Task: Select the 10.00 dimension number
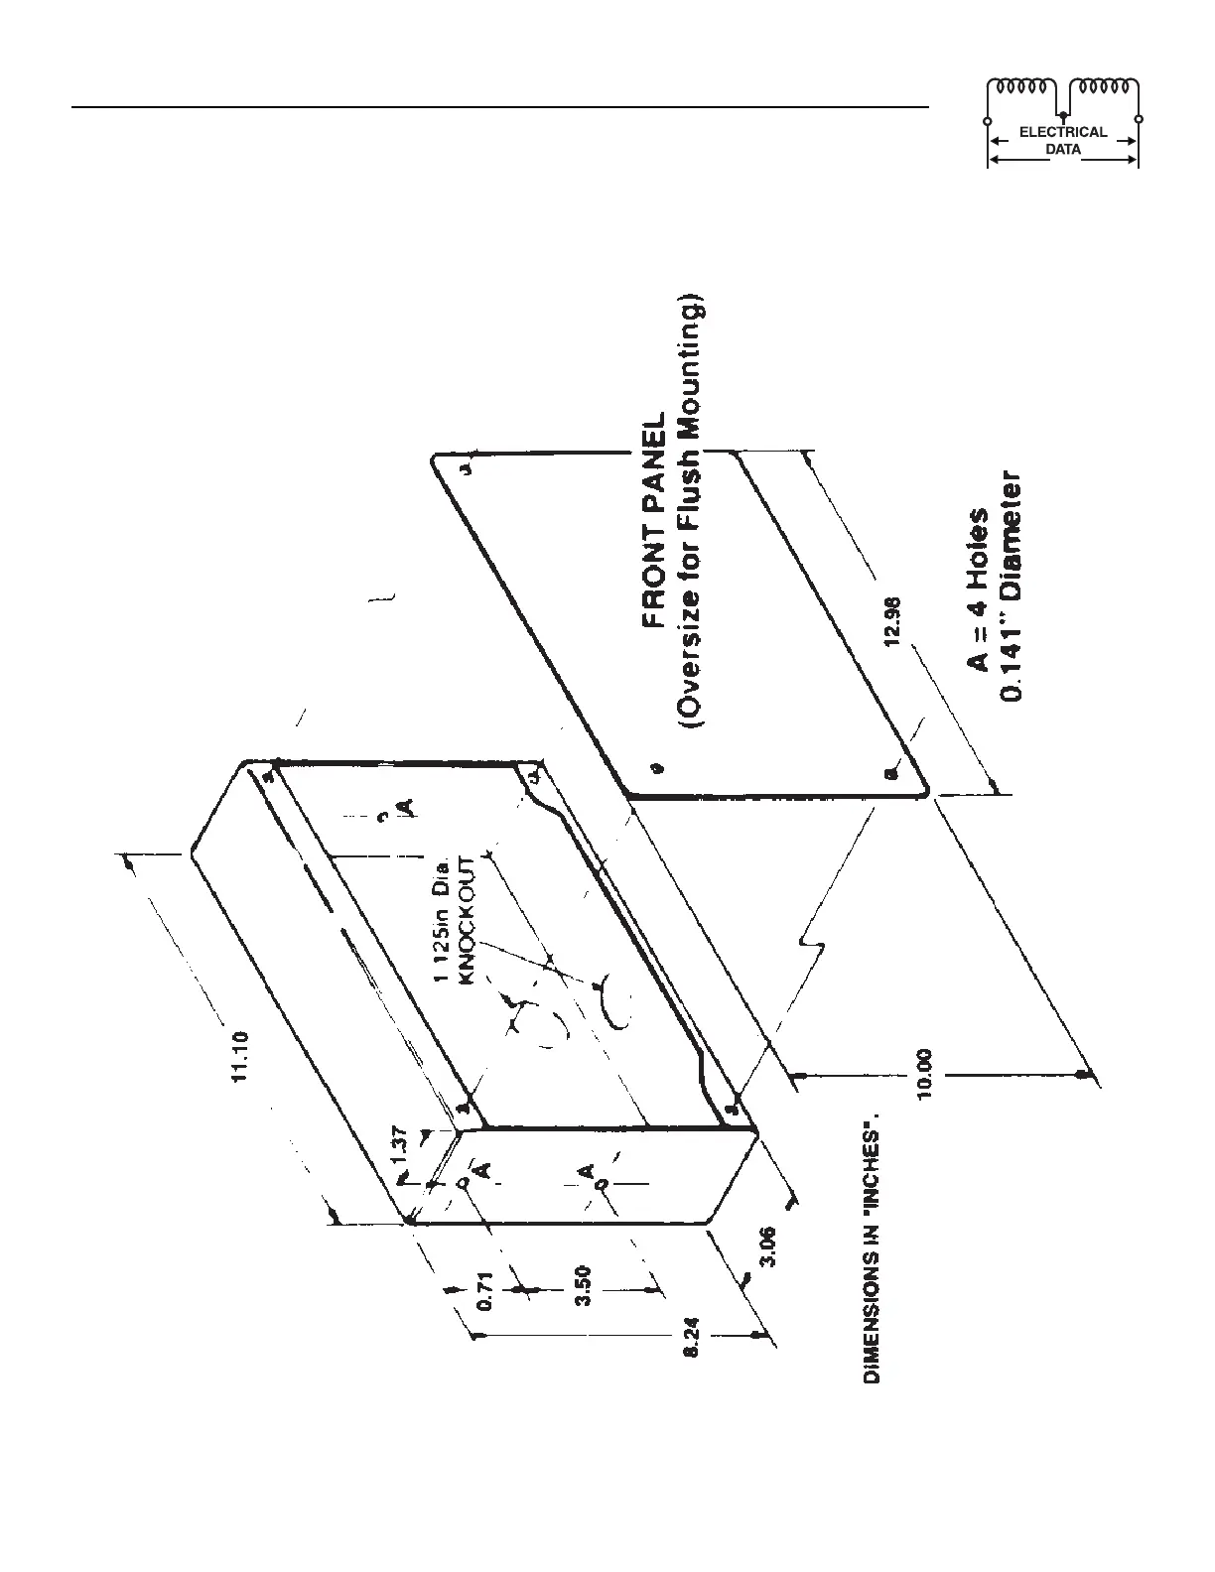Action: point(925,1073)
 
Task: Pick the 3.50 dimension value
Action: point(585,1287)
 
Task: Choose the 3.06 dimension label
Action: point(768,1247)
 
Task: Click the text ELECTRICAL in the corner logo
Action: point(1063,132)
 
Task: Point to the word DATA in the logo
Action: point(1063,150)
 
